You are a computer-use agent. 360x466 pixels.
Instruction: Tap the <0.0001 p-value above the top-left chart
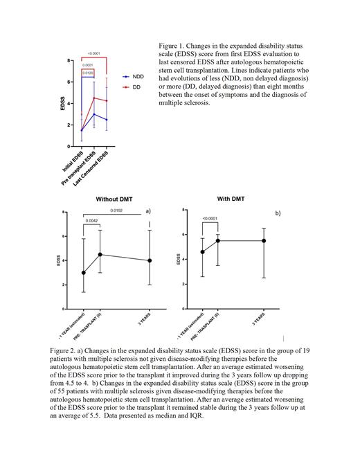[93, 53]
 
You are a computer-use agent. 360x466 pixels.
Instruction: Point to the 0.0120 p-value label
[88, 72]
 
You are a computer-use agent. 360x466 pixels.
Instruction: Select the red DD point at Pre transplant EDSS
[93, 98]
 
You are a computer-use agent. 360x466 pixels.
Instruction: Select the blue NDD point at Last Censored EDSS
[106, 120]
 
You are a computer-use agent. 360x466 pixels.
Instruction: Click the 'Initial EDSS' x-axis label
[73, 158]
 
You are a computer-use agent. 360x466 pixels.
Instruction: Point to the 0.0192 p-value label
[116, 210]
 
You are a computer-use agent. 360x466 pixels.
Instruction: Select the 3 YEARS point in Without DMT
[150, 260]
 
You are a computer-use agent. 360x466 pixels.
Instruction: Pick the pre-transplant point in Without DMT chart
[101, 254]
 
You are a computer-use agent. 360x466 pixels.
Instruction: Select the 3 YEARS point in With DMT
[264, 240]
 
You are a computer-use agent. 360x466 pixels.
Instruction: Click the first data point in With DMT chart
[201, 251]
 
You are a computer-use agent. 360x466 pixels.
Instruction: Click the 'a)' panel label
[148, 210]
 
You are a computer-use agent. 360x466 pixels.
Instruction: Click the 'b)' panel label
[278, 213]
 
